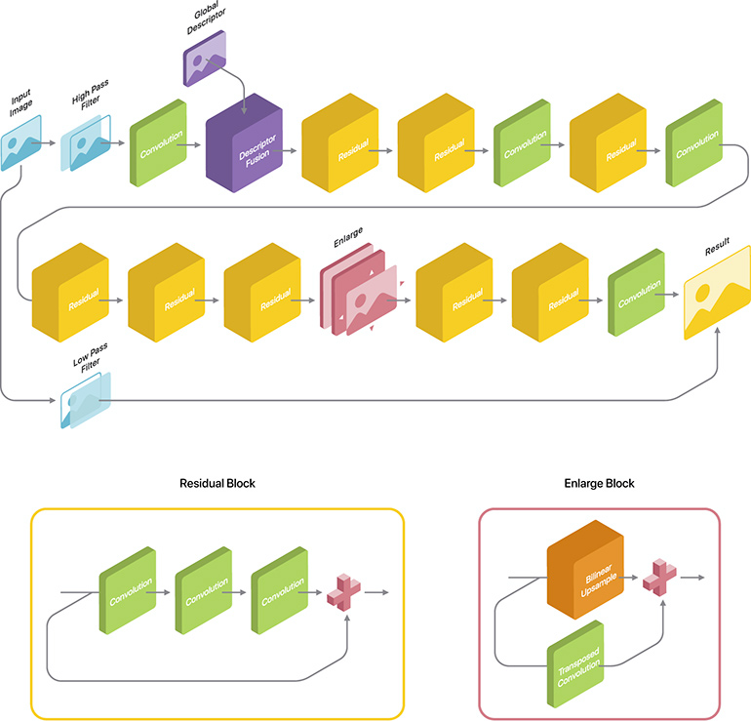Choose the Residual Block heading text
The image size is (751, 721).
point(217,484)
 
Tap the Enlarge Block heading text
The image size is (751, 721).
point(599,484)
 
